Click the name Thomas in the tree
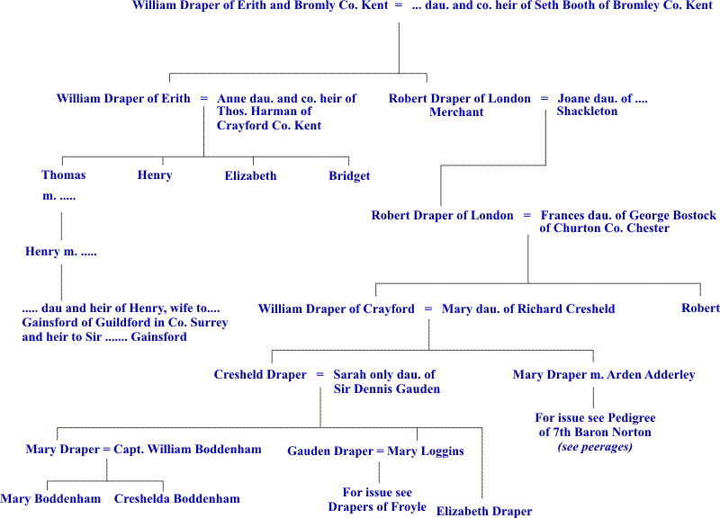click(64, 175)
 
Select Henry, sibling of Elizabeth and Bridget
click(155, 175)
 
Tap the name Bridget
click(349, 176)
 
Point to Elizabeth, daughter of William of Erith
click(250, 176)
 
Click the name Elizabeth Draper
click(484, 511)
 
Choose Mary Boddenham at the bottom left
click(50, 498)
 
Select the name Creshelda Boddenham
click(177, 498)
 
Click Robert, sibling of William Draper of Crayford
click(700, 308)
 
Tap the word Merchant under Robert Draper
click(456, 112)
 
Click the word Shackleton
click(587, 112)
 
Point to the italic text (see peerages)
click(595, 447)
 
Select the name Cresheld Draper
click(260, 374)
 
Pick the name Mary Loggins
click(426, 451)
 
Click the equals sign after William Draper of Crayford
click(428, 308)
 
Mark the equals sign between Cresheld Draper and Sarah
click(320, 374)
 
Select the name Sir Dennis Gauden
click(384, 388)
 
